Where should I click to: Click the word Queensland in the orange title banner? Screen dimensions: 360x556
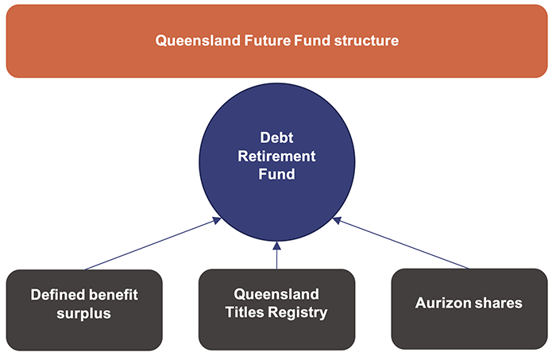(x=193, y=40)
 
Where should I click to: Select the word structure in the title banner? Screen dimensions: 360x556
(x=362, y=40)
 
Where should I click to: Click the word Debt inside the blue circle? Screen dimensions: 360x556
(x=277, y=137)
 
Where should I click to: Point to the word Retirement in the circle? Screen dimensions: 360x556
(x=277, y=155)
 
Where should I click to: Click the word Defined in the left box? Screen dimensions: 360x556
(x=57, y=295)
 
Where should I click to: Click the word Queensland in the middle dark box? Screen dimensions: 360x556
(x=276, y=295)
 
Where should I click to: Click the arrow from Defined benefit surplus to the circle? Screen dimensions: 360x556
(x=151, y=245)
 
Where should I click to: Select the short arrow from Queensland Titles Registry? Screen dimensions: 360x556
(x=277, y=256)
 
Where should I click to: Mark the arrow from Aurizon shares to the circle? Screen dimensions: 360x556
(x=405, y=245)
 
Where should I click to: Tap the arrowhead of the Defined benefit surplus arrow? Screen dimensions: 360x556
(x=215, y=220)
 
